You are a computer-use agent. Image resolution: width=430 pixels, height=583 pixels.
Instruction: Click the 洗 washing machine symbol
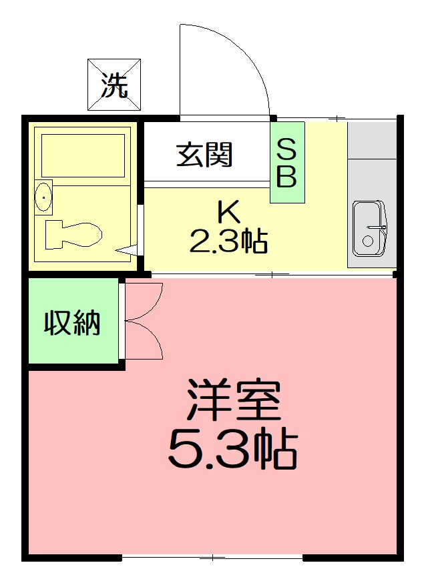(x=114, y=85)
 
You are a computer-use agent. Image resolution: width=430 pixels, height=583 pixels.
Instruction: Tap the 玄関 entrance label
(x=204, y=155)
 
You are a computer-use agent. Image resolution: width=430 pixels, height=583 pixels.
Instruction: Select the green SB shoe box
(x=287, y=162)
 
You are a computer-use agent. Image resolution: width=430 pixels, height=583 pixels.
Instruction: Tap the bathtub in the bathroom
(x=83, y=155)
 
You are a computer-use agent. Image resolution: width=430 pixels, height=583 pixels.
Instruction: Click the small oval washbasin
(x=44, y=197)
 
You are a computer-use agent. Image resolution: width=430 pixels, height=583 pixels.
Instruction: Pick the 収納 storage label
(x=73, y=323)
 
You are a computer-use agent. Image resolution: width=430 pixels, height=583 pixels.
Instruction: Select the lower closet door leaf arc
(x=150, y=342)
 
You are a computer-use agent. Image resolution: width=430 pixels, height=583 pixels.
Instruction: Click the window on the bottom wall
(x=212, y=557)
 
